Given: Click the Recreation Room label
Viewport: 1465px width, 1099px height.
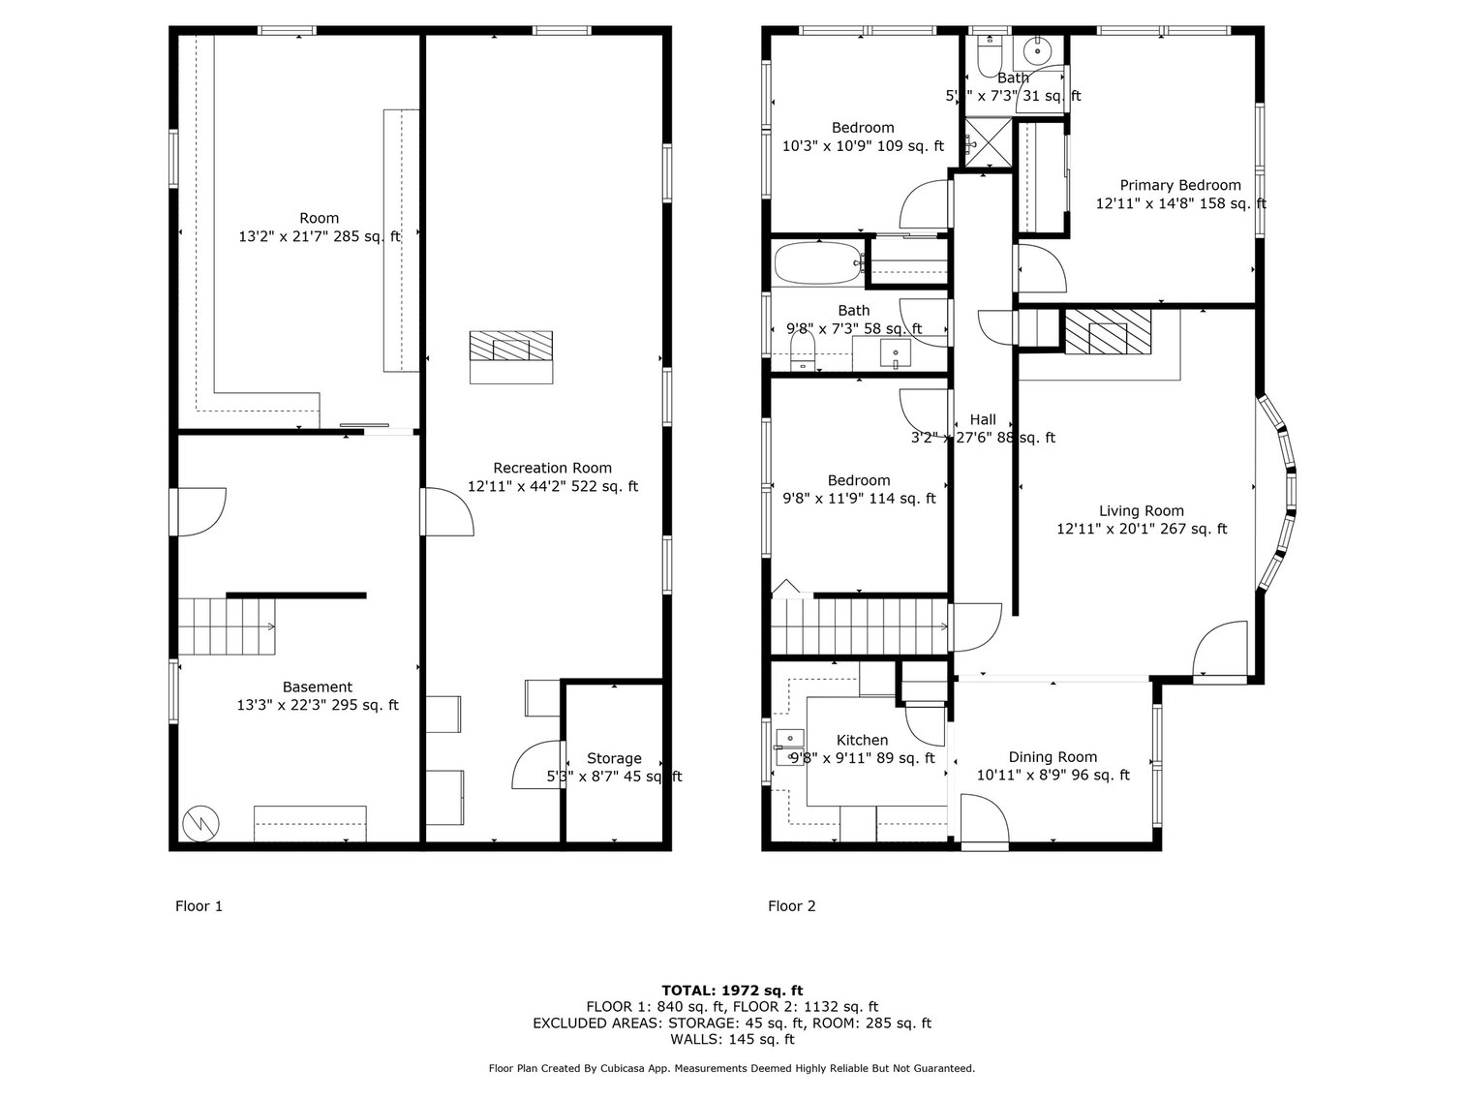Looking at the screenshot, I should pyautogui.click(x=552, y=469).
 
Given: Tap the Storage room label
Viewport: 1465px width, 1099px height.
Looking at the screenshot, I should pyautogui.click(x=614, y=759).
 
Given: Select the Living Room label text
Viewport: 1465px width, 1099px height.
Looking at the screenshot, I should pyautogui.click(x=1141, y=511).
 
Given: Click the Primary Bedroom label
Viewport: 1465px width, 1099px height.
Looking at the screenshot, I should pyautogui.click(x=1179, y=186).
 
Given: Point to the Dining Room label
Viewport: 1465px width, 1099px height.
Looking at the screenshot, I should pyautogui.click(x=1053, y=757).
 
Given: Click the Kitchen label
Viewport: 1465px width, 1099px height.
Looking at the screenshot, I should pyautogui.click(x=862, y=741).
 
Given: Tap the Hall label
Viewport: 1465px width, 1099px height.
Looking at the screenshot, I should pyautogui.click(x=983, y=420).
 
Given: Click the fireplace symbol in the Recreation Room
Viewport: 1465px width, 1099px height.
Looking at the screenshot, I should pyautogui.click(x=511, y=347).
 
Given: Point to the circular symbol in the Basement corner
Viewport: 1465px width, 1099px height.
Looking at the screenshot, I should pyautogui.click(x=201, y=823).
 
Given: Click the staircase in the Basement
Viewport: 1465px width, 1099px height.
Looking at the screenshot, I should pyautogui.click(x=228, y=626).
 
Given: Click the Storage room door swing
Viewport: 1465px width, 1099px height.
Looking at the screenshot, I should pyautogui.click(x=535, y=765).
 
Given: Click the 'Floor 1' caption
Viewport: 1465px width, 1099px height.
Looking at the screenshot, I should pyautogui.click(x=198, y=906).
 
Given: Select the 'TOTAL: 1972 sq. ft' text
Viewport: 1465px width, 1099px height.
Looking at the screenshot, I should pyautogui.click(x=732, y=990).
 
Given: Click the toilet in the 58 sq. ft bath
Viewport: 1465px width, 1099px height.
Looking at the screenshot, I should pyautogui.click(x=803, y=352).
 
